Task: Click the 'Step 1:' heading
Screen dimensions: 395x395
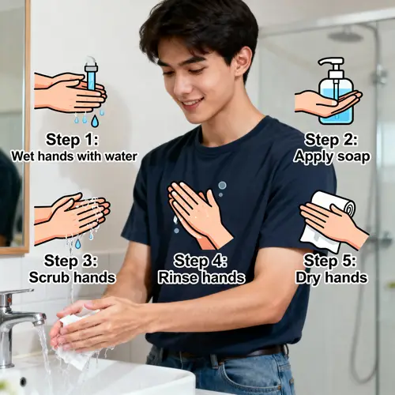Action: click(71, 139)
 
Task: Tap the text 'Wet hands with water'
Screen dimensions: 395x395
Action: click(74, 156)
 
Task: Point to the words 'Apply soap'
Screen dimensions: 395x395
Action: click(332, 156)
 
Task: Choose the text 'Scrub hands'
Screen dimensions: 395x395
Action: click(72, 278)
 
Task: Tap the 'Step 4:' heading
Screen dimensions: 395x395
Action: click(201, 261)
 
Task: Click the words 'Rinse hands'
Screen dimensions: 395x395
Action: click(201, 278)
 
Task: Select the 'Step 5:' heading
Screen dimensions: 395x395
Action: click(331, 261)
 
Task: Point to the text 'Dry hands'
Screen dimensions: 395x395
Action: click(331, 278)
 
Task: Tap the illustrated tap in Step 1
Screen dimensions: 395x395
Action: click(92, 72)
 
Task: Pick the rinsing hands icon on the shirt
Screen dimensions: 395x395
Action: click(197, 213)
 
